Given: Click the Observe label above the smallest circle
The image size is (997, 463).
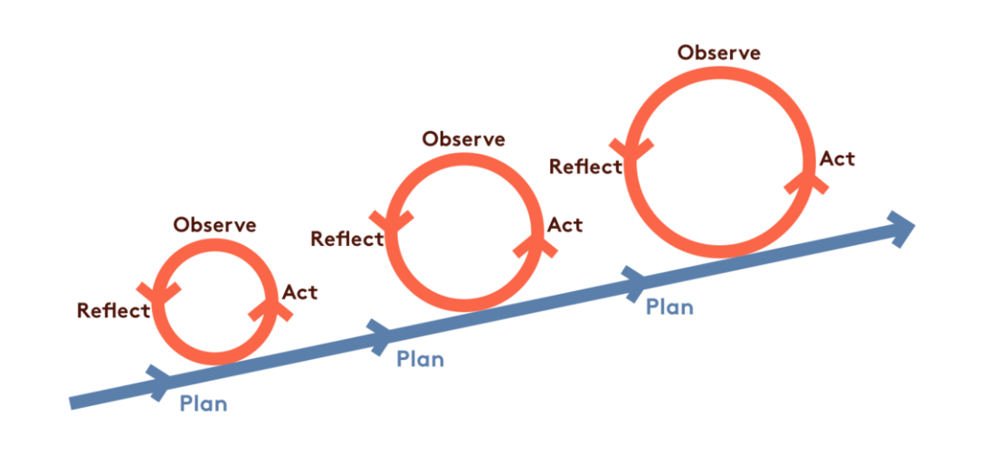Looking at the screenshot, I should (x=214, y=225).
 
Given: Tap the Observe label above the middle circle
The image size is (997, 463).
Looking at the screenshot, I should (x=463, y=139).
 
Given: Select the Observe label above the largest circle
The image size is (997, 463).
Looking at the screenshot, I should (x=719, y=52).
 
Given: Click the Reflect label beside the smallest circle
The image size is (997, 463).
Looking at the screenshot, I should (x=113, y=311).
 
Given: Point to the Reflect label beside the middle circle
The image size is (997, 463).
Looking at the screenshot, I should (x=347, y=239).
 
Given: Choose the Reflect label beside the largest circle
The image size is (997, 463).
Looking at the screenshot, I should (x=585, y=166).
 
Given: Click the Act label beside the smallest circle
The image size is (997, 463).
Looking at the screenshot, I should (x=299, y=293).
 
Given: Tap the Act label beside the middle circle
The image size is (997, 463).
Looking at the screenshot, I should (x=565, y=224).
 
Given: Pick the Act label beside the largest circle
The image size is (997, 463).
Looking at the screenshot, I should (x=837, y=159).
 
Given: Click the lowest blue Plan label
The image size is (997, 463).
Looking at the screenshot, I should (x=204, y=403).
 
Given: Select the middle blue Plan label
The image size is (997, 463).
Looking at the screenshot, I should (x=421, y=359).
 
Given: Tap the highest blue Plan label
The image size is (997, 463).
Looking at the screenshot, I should (x=669, y=307).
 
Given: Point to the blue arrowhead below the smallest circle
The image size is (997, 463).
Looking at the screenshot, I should (x=158, y=380).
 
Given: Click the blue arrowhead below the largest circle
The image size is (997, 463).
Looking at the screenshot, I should (x=636, y=282).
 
